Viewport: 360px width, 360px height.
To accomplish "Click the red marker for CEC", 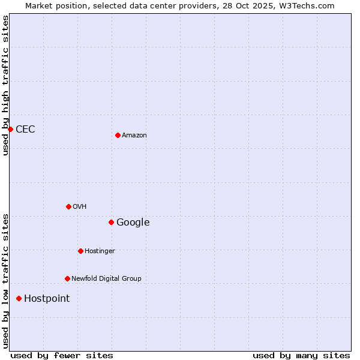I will point(10,129).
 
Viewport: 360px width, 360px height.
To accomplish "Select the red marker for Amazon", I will point(118,135).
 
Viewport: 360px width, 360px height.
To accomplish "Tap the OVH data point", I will point(68,206).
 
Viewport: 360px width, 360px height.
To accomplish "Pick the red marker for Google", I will point(111,222).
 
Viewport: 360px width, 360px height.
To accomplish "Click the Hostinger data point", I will point(80,251).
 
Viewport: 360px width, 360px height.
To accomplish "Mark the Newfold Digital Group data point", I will point(67,278).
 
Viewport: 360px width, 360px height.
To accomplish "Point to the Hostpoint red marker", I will point(19,298).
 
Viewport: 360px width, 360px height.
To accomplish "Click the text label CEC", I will point(25,130).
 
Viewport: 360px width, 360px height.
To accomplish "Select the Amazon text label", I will point(134,136).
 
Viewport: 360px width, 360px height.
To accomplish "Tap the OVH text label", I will point(80,207).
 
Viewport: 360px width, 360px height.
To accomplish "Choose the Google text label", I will point(133,223).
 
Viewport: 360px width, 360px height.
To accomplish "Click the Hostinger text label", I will point(100,251).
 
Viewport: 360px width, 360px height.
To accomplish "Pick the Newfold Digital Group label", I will point(106,279).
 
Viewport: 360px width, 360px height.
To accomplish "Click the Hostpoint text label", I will point(47,299).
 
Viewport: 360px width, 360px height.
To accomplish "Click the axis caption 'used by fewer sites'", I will point(62,356).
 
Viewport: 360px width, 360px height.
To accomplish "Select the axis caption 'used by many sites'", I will point(301,356).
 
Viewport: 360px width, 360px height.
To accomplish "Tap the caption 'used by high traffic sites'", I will point(6,85).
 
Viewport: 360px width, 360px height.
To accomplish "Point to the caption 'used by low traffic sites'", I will point(6,280).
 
